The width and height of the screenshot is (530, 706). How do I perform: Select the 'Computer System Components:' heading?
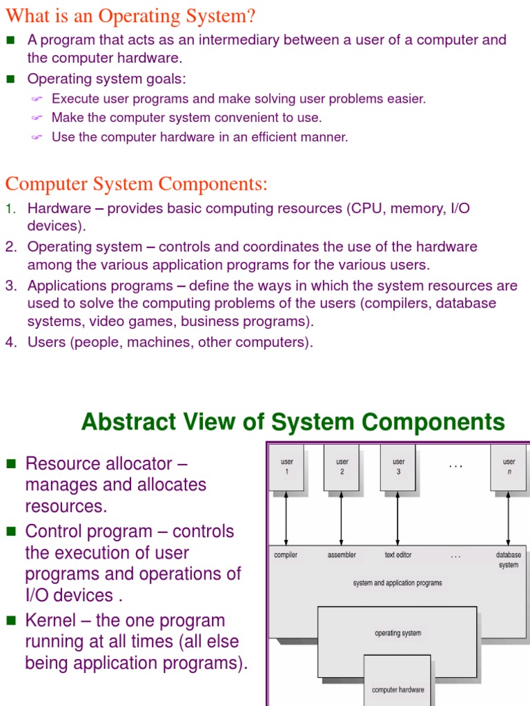137,184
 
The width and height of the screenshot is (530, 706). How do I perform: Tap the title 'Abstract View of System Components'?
293,421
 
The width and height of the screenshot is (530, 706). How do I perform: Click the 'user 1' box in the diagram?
286,467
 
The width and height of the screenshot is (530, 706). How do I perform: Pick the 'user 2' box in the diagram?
342,467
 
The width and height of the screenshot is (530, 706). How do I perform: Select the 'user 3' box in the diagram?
398,467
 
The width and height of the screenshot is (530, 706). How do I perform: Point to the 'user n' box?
509,467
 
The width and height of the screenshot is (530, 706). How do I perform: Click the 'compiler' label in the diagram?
286,555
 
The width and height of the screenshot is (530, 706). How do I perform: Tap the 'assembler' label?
342,555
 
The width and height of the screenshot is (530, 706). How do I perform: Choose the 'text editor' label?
398,555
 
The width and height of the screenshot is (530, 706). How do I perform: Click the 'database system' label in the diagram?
509,560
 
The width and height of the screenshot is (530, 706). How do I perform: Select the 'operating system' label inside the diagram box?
397,633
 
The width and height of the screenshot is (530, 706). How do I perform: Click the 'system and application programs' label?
397,583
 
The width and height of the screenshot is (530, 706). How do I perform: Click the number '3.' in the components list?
11,285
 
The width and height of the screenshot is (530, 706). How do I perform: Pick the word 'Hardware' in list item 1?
59,208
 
